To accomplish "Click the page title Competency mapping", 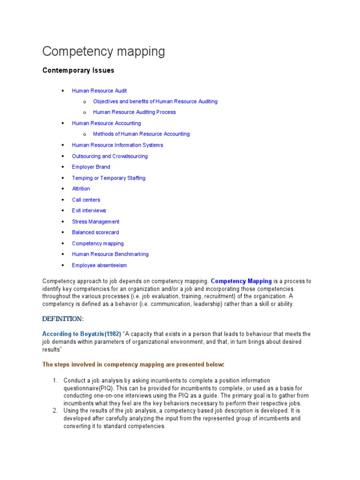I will [104, 52].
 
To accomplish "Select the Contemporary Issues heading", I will [78, 70].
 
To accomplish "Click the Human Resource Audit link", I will [99, 90].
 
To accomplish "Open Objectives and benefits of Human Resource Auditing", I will [155, 101].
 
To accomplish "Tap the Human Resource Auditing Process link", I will [135, 112].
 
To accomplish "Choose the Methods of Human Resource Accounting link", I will [141, 134].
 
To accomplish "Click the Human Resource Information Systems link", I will [117, 145].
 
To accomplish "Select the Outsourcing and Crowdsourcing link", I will [110, 156].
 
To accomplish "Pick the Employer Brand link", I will [91, 167].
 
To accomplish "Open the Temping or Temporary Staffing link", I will [108, 178].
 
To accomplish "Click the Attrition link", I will [81, 189].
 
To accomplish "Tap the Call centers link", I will [86, 200].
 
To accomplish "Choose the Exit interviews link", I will [89, 210].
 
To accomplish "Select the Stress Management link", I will [96, 222].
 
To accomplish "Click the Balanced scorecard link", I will [95, 232].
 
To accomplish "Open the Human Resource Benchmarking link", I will [110, 254].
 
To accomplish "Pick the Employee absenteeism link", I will [99, 265].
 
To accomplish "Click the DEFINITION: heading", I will [63, 319].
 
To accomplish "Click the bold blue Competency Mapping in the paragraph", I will [241, 281].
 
